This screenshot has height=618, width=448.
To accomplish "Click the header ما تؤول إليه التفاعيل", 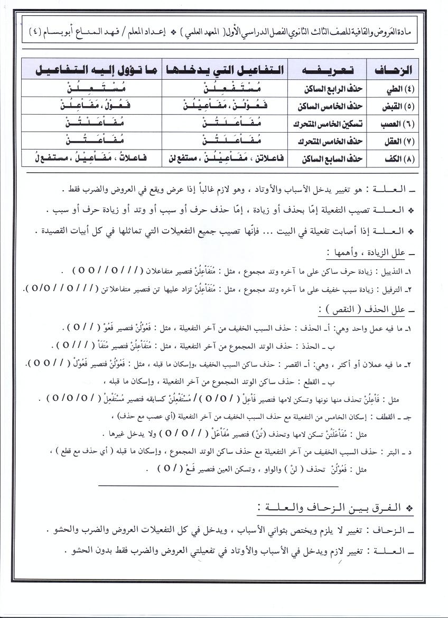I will click(92, 70).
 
